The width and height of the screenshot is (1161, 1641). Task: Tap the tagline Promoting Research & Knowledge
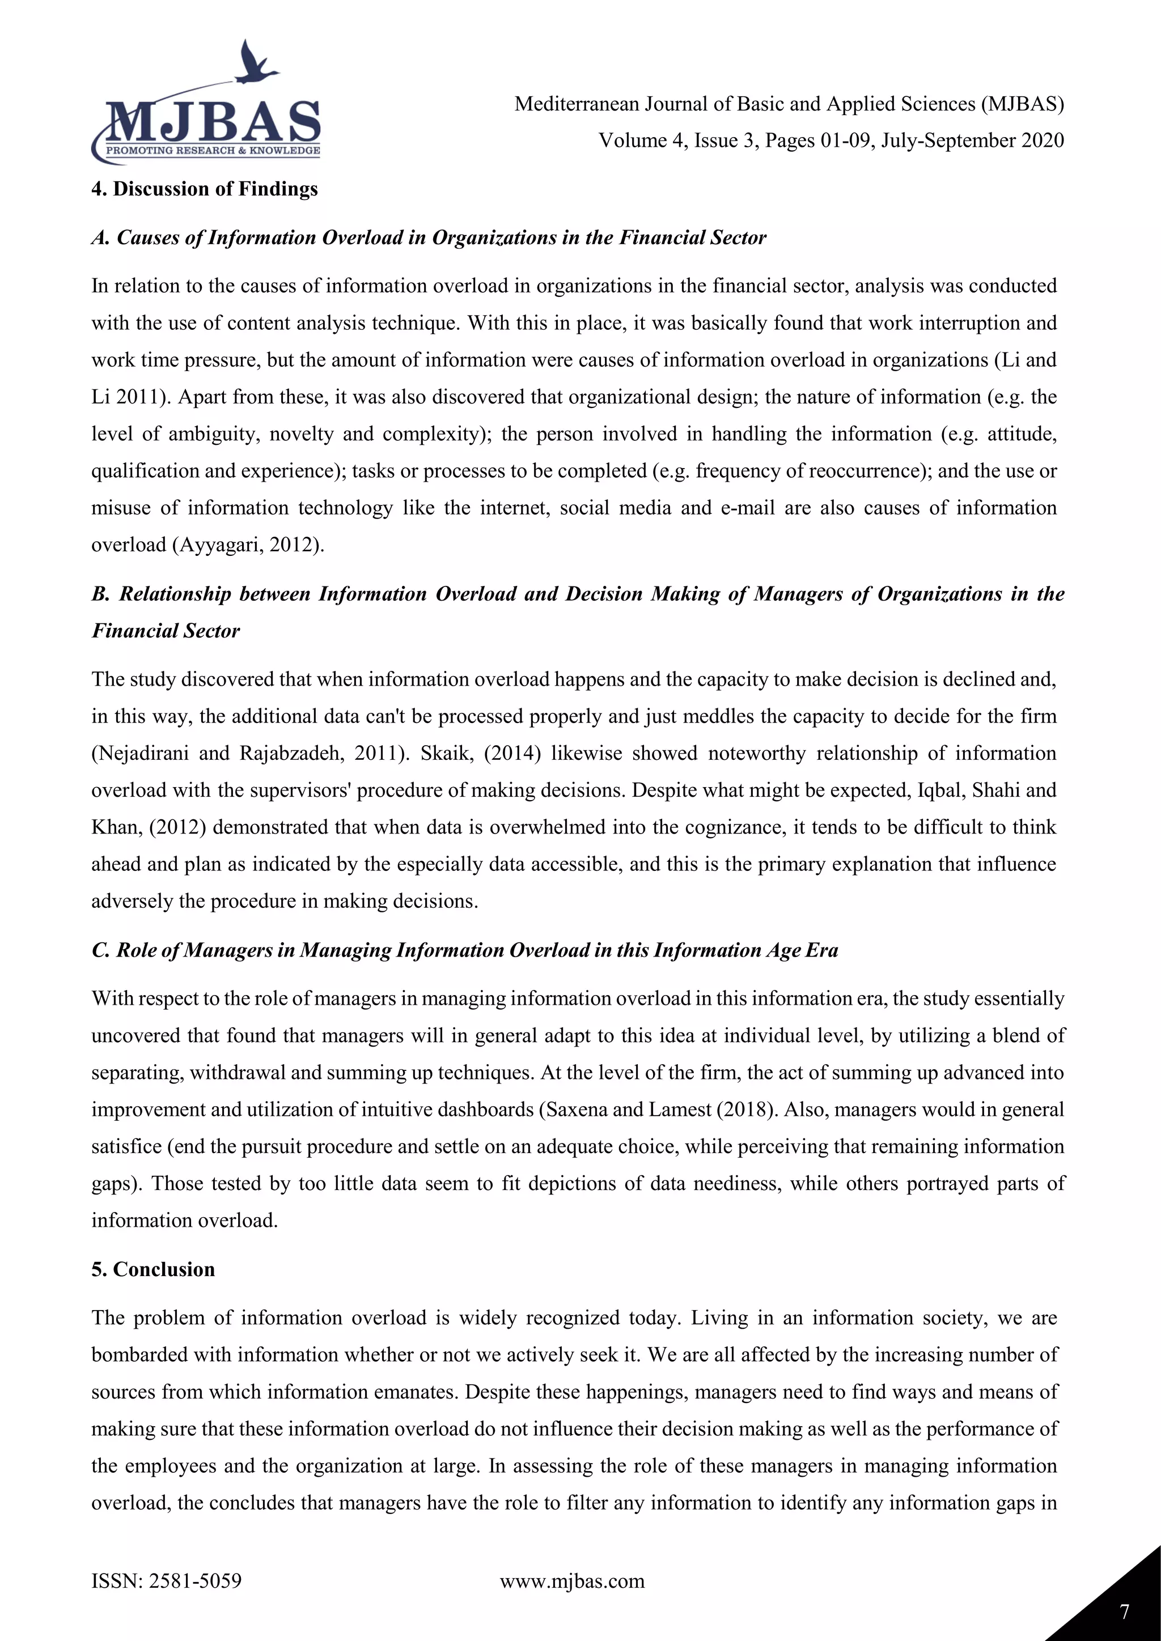213,151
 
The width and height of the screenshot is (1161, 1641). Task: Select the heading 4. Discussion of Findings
205,189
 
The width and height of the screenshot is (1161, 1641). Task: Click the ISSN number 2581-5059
194,1580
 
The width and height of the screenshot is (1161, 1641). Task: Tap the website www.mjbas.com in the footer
572,1580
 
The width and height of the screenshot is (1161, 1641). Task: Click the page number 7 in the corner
1125,1612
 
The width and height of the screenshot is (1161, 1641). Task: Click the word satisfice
126,1146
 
